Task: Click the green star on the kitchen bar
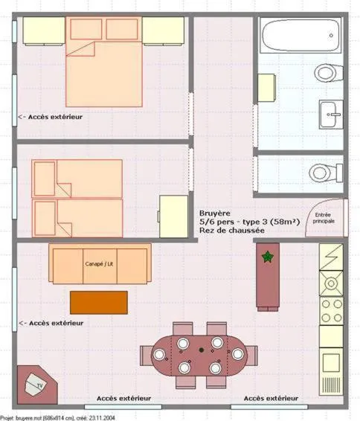point(267,257)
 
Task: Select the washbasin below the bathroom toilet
point(331,114)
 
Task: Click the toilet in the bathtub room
point(327,72)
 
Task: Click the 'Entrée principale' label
point(324,217)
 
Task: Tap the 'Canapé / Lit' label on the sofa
point(100,264)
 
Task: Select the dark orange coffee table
point(98,302)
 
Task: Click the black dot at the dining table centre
point(200,349)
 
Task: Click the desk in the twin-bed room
point(173,216)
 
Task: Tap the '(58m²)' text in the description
point(285,222)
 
